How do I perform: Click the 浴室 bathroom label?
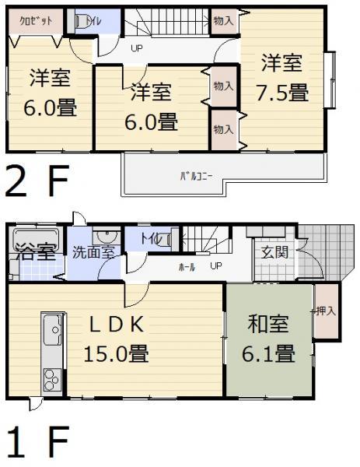tap(33, 251)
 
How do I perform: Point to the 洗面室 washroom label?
tap(94, 251)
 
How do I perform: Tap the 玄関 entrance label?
tap(274, 251)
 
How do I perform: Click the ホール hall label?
tap(187, 266)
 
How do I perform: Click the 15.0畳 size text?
tap(117, 353)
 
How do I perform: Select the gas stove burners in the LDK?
tap(51, 381)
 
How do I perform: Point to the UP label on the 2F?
tap(137, 48)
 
